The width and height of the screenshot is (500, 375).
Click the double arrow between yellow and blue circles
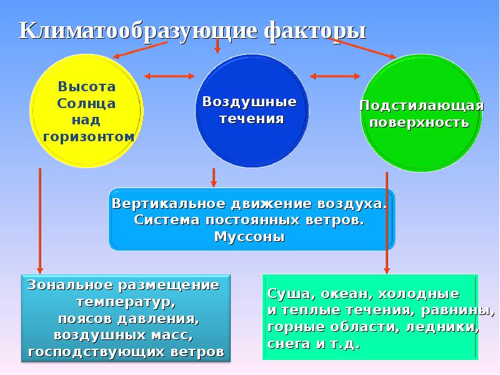pyautogui.click(x=169, y=76)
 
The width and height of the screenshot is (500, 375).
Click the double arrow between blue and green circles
pyautogui.click(x=335, y=76)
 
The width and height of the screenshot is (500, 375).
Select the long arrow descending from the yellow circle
pyautogui.click(x=40, y=219)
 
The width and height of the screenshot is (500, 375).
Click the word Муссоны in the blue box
pyautogui.click(x=249, y=237)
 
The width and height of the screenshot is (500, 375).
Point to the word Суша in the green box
pyautogui.click(x=284, y=294)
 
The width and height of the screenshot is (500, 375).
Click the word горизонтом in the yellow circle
pyautogui.click(x=88, y=136)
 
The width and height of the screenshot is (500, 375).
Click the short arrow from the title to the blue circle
pyautogui.click(x=217, y=46)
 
